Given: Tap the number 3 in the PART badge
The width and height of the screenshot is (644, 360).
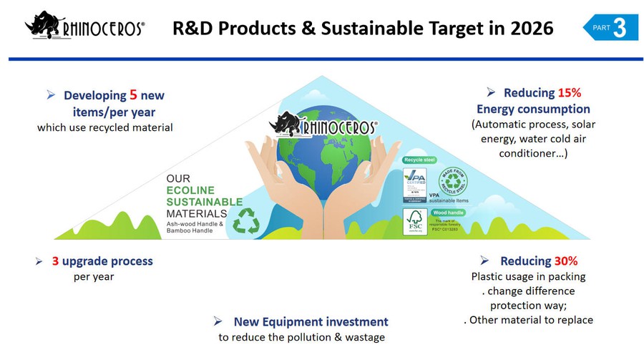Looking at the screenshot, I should tap(620, 27).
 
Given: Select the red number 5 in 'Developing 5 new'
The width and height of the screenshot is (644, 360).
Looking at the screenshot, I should tap(133, 94).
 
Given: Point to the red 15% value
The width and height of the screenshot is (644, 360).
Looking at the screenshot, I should tap(570, 92).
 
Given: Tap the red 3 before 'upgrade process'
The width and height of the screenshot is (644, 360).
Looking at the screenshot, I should tap(55, 261).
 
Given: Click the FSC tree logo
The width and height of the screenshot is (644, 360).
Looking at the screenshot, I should tap(415, 221).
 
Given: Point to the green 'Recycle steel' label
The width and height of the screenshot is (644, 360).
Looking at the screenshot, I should tap(420, 160).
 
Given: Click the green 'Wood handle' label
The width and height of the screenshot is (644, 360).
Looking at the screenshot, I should tap(449, 212).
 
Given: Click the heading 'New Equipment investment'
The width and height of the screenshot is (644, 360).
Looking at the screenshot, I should tap(311, 322).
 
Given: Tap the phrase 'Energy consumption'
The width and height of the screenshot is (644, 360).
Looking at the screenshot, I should tap(533, 109).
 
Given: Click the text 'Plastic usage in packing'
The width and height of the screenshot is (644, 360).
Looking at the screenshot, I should tap(528, 276).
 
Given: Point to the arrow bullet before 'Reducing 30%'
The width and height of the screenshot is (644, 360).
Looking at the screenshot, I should tap(485, 261).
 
